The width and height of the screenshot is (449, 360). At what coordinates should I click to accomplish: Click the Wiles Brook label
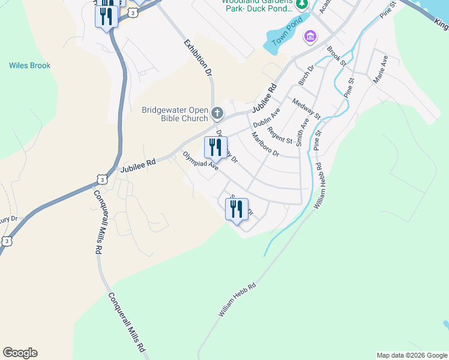point(29,65)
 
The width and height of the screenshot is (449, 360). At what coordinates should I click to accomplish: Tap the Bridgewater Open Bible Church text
point(175,114)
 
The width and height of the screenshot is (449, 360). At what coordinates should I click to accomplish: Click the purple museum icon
point(310,37)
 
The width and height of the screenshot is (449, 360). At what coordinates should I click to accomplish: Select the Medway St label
point(306,108)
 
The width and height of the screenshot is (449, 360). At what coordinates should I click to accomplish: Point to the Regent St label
point(280,136)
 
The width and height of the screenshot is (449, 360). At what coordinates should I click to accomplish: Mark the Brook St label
point(337,56)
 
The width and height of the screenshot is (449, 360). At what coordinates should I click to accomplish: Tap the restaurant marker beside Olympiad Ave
point(215,148)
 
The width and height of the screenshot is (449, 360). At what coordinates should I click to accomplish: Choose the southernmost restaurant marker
point(237,209)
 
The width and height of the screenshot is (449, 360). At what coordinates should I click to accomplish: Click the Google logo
point(20,353)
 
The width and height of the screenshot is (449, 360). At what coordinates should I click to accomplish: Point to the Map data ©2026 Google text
point(412,355)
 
